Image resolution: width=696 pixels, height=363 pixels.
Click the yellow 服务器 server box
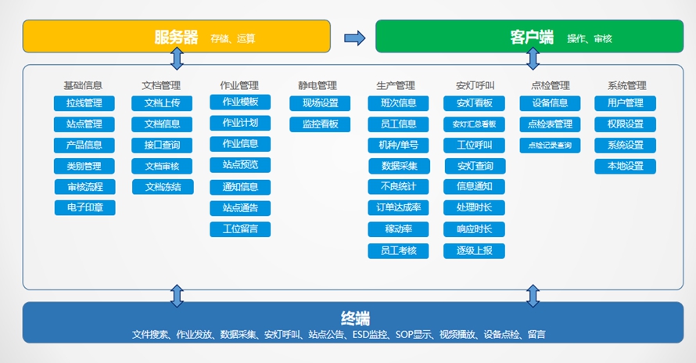click(x=177, y=37)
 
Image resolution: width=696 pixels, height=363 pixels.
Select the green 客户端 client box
click(x=529, y=37)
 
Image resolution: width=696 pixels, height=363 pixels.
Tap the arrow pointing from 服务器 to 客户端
click(x=355, y=38)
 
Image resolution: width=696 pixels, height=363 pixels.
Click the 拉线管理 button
click(x=84, y=103)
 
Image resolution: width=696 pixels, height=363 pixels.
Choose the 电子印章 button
click(x=84, y=207)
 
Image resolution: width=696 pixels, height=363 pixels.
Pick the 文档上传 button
click(x=162, y=103)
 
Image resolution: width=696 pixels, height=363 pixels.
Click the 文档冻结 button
click(x=163, y=187)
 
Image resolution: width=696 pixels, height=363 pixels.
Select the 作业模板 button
click(x=240, y=102)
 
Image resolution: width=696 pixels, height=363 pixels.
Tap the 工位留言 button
click(x=240, y=229)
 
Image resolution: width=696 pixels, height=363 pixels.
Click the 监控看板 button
click(x=320, y=124)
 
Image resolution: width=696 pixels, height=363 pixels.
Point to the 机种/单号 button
click(x=398, y=146)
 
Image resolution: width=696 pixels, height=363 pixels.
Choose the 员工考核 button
click(x=398, y=250)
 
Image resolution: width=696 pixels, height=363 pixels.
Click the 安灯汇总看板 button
click(x=474, y=124)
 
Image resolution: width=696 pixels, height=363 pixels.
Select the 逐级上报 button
click(x=474, y=250)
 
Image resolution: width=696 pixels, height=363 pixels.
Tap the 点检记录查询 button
click(x=550, y=146)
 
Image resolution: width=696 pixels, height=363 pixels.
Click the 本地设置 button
click(x=626, y=166)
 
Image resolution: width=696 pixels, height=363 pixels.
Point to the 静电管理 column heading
click(x=318, y=85)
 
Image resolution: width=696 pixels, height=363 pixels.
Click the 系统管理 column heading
click(x=626, y=85)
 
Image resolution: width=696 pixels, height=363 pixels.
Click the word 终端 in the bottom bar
click(x=355, y=318)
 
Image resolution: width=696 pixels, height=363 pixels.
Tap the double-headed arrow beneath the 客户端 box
click(x=533, y=59)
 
